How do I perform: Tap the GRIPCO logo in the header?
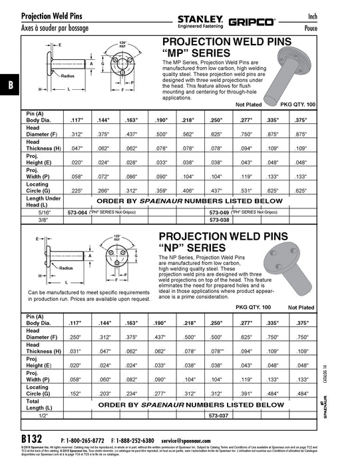pos(252,22)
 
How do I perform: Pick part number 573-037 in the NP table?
pos(220,415)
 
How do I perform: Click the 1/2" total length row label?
pos(44,415)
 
